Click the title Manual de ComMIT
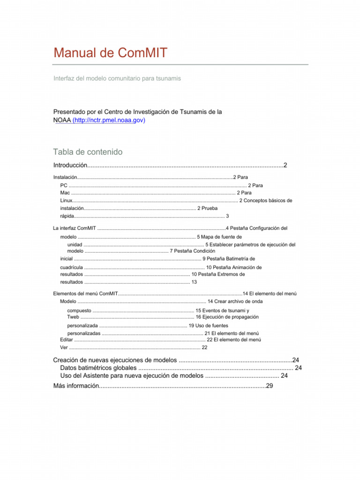tap(110, 52)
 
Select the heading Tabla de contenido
tap(88, 152)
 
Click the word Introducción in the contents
tap(70, 165)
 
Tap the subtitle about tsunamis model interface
tap(117, 78)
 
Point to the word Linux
tap(66, 200)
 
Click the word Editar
tap(67, 339)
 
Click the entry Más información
tap(76, 385)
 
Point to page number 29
tap(269, 385)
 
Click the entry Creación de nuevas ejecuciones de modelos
tap(115, 360)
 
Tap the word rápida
tap(67, 216)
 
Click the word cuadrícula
tap(71, 267)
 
